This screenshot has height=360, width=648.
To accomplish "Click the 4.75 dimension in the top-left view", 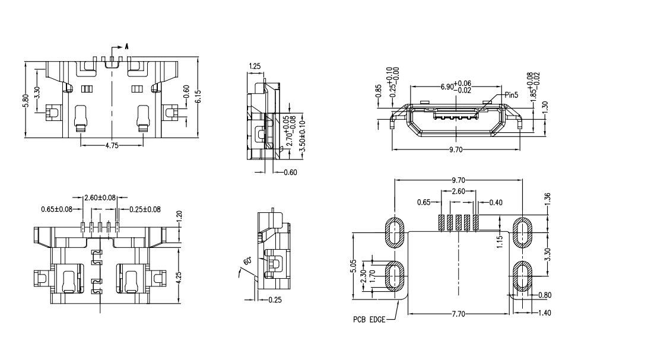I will [x=111, y=145].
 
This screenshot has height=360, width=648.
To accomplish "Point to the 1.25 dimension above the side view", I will [x=255, y=66].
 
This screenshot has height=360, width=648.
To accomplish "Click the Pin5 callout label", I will [x=512, y=94].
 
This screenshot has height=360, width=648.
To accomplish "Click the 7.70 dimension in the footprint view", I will [x=458, y=314].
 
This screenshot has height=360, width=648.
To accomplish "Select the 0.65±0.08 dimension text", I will [x=57, y=209].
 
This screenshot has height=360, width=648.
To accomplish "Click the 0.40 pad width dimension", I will [x=495, y=203].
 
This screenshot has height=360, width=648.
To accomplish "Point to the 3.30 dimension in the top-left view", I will [x=37, y=93].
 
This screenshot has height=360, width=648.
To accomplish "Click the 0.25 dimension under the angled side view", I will [x=275, y=300].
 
